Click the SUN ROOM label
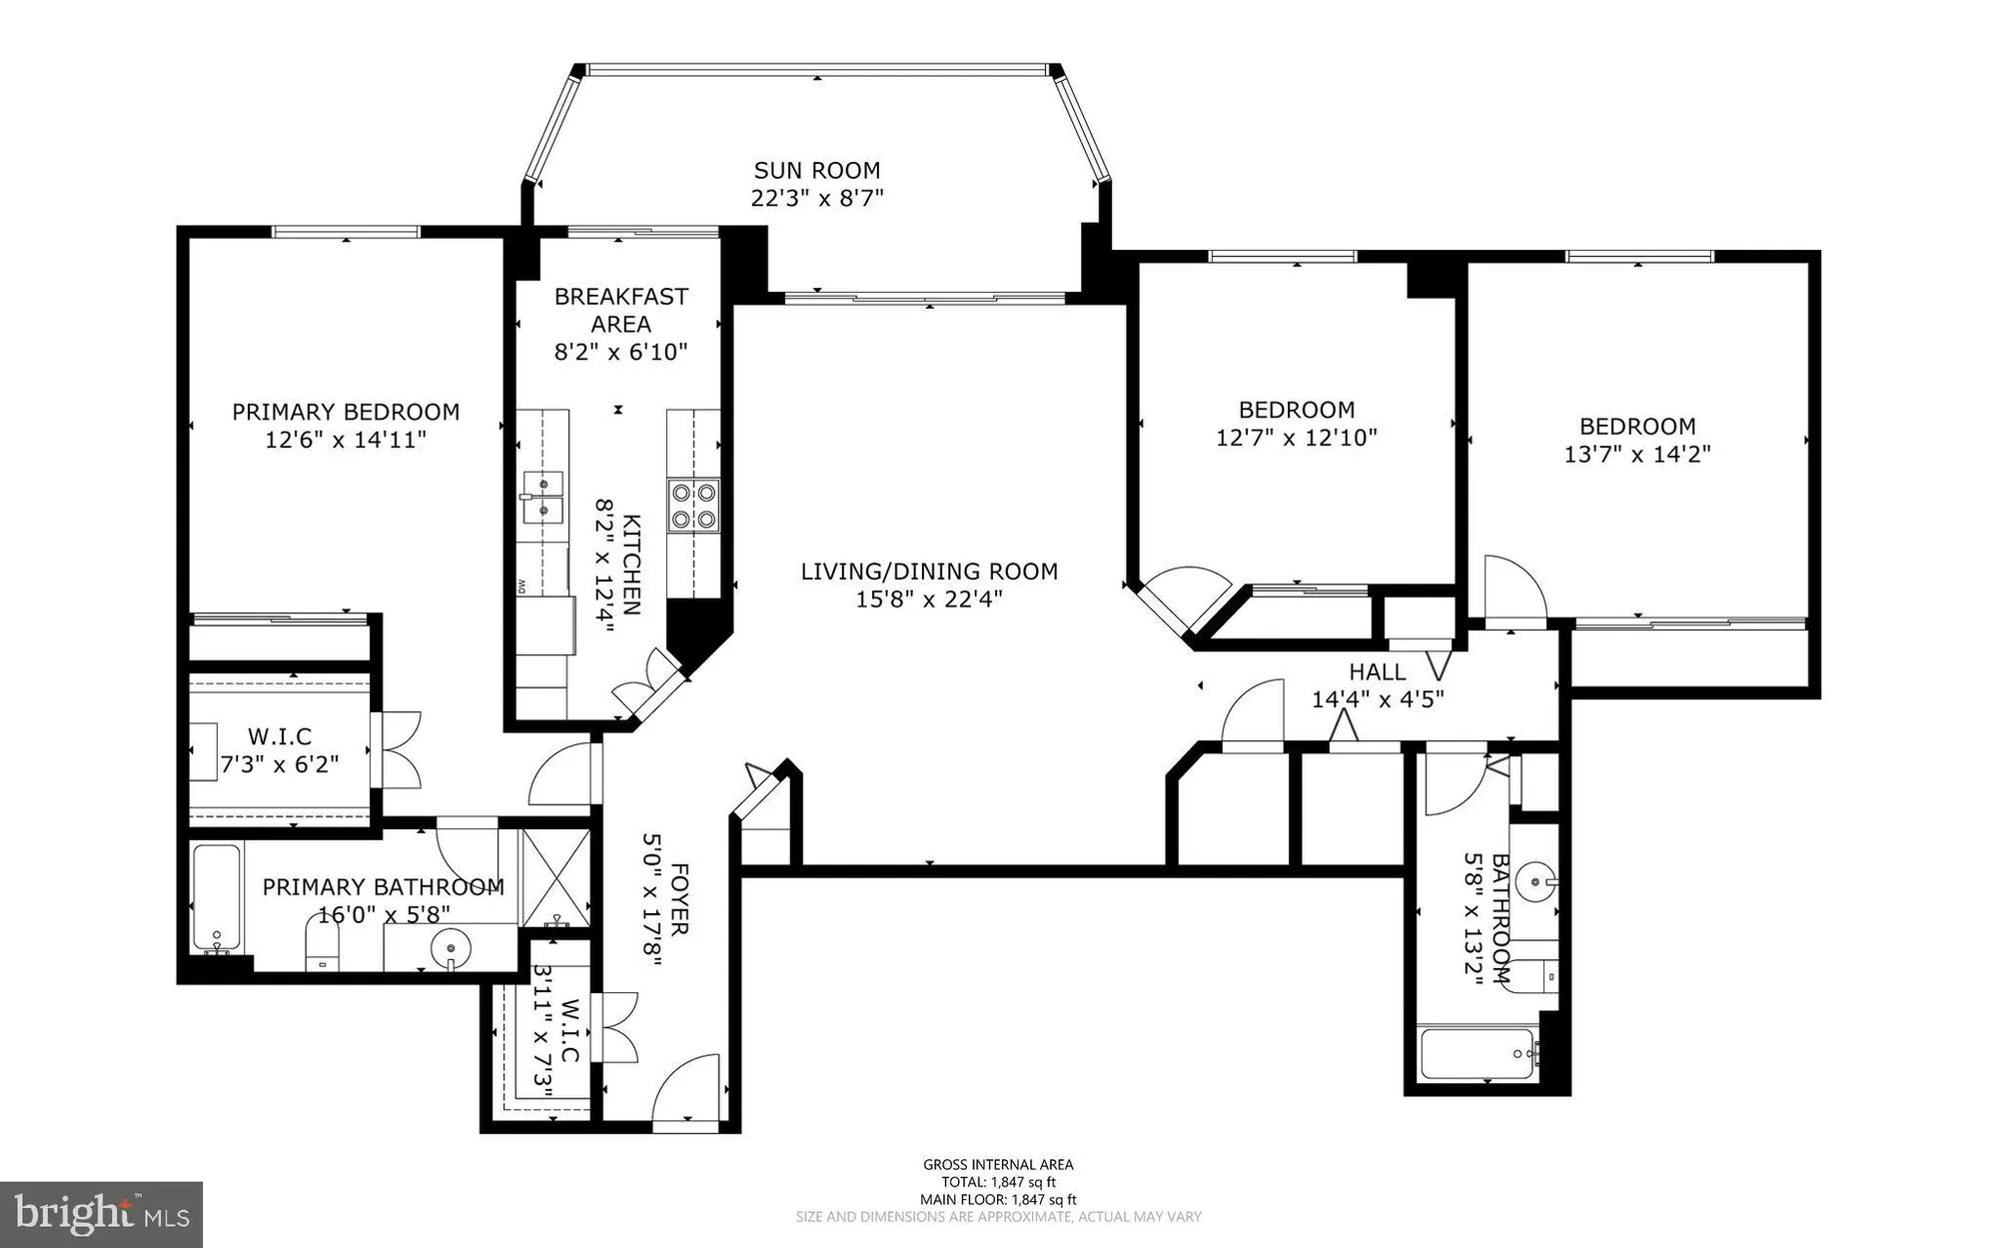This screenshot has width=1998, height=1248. point(816,170)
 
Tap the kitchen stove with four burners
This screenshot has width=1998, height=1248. point(693,505)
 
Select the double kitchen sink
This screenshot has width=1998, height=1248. point(542,497)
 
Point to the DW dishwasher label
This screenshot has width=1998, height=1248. point(521,587)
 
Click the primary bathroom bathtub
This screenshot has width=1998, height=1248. point(216,898)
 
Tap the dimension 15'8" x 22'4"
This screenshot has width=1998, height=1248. point(929,600)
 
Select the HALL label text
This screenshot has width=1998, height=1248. point(1377,671)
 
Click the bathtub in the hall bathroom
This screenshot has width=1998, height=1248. point(1477,1054)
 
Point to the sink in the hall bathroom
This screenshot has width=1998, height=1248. point(1534,882)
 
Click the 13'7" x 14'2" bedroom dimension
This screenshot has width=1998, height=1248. point(1636,455)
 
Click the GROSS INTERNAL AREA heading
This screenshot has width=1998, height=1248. point(997,1164)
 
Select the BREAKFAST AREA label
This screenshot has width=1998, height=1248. point(620,310)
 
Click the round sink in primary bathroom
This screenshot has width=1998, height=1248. point(452,945)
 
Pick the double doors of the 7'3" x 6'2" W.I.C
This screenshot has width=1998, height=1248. point(398,749)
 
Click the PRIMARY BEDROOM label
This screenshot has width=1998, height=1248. point(346,412)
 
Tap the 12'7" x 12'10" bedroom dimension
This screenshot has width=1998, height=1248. point(1296,438)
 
